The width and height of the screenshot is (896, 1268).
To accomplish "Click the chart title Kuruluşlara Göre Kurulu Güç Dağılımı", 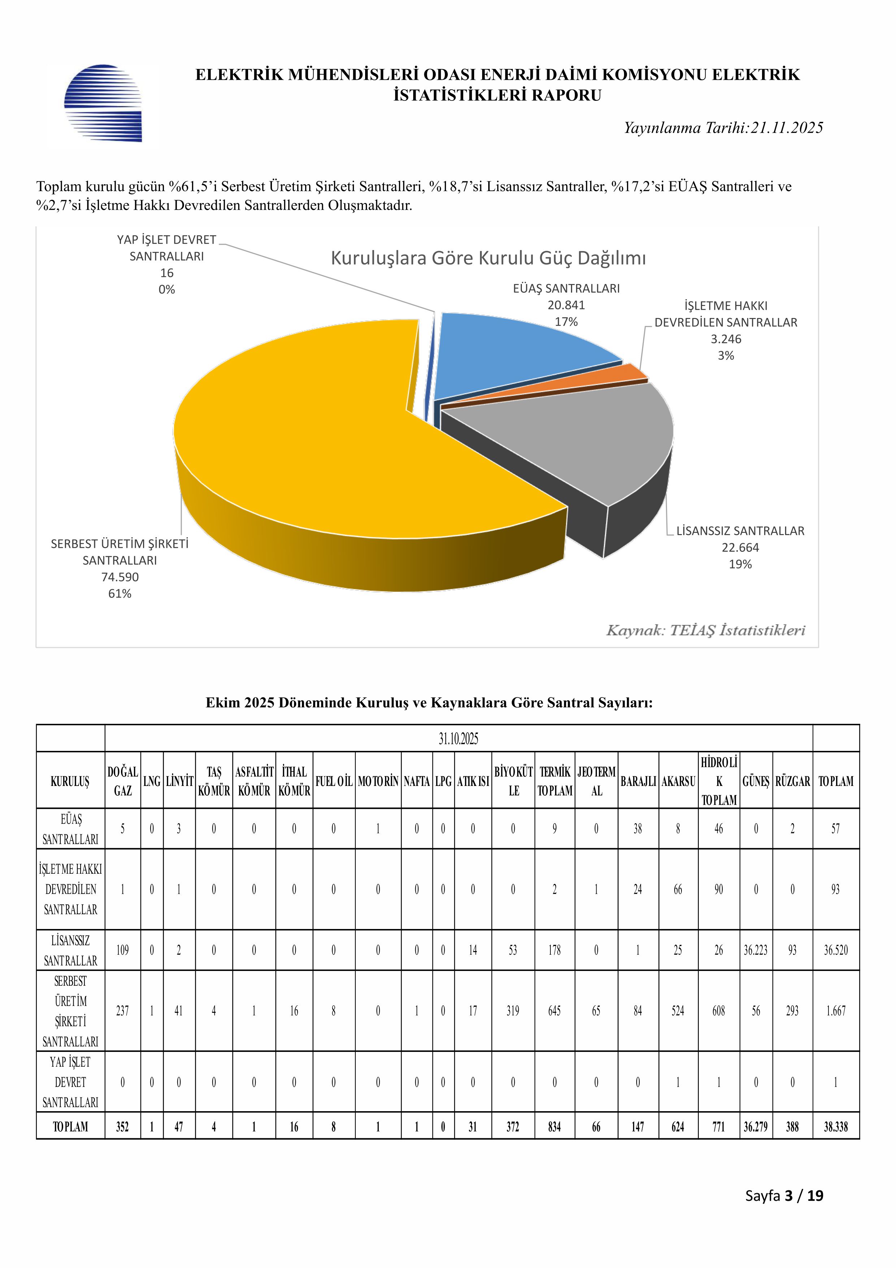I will point(488,258).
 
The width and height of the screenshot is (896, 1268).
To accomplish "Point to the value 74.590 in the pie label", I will point(120,577).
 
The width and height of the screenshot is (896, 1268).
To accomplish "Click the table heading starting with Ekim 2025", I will point(429,702).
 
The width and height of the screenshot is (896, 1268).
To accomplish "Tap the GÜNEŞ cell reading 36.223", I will point(755,950).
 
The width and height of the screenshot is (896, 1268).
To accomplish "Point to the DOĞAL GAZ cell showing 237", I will point(122,1011).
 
